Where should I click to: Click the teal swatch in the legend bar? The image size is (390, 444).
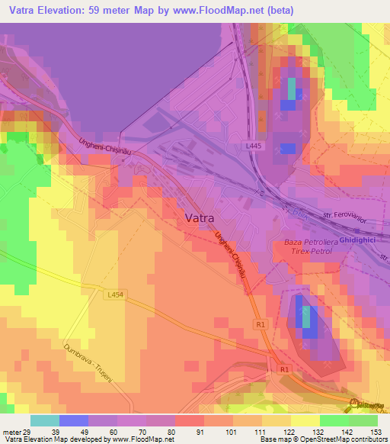pyautogui.click(x=45, y=420)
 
